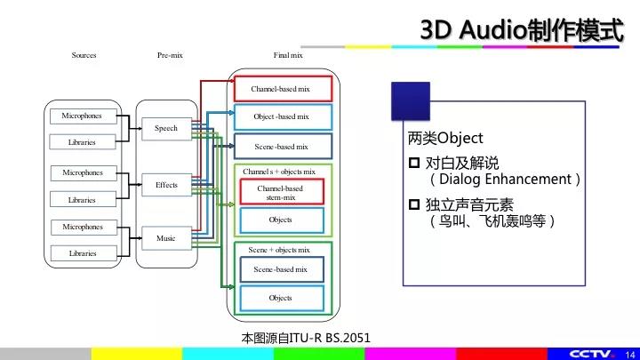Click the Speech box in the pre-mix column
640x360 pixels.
point(166,129)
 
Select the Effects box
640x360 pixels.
point(166,185)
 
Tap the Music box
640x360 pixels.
point(166,238)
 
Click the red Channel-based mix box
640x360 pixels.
point(283,89)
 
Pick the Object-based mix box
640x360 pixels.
point(283,116)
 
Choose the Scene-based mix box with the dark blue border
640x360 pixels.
point(283,147)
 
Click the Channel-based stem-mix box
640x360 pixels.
point(282,192)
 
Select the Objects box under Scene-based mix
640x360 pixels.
point(282,299)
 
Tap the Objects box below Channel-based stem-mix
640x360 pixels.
point(282,220)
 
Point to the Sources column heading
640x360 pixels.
point(84,55)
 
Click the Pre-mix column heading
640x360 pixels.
point(170,55)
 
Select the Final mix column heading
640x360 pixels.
point(288,55)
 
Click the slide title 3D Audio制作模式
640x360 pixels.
point(522,30)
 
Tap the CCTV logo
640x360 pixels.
point(591,354)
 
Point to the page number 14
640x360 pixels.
point(630,355)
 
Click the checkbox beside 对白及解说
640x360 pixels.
point(414,163)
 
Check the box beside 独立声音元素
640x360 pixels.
point(414,204)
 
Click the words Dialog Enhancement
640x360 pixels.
point(505,180)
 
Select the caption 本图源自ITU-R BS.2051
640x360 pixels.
point(306,338)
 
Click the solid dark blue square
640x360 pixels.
point(411,101)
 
